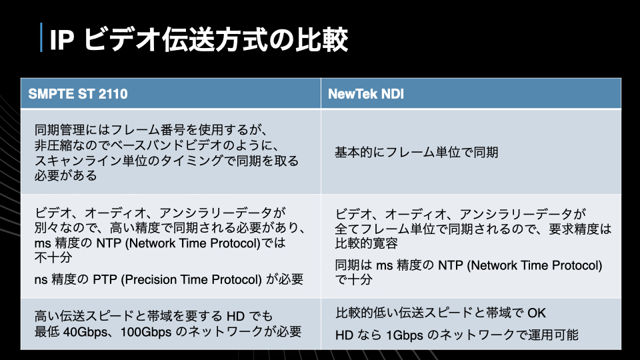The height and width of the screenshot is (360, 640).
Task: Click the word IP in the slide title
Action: [61, 40]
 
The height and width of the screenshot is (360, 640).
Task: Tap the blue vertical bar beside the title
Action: [41, 37]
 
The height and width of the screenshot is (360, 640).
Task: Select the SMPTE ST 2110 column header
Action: [78, 94]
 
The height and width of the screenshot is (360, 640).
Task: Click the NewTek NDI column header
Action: [366, 94]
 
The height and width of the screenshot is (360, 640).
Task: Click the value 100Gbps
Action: [146, 332]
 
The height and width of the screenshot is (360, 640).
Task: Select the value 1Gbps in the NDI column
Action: [405, 335]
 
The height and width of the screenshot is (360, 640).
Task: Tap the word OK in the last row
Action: [536, 313]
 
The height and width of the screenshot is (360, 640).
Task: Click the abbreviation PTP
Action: [105, 279]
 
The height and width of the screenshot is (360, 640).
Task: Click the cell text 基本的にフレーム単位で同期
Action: [416, 152]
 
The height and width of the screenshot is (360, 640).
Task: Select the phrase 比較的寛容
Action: [366, 243]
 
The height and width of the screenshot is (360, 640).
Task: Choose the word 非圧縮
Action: [53, 145]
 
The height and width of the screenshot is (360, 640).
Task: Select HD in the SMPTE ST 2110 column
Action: [235, 316]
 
